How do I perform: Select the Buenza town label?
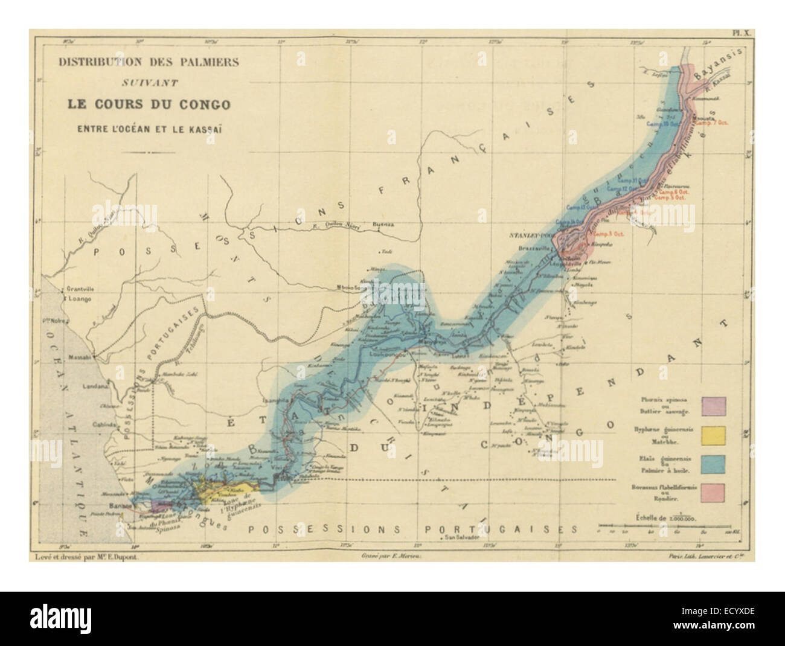384,224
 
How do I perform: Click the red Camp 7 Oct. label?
713,123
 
